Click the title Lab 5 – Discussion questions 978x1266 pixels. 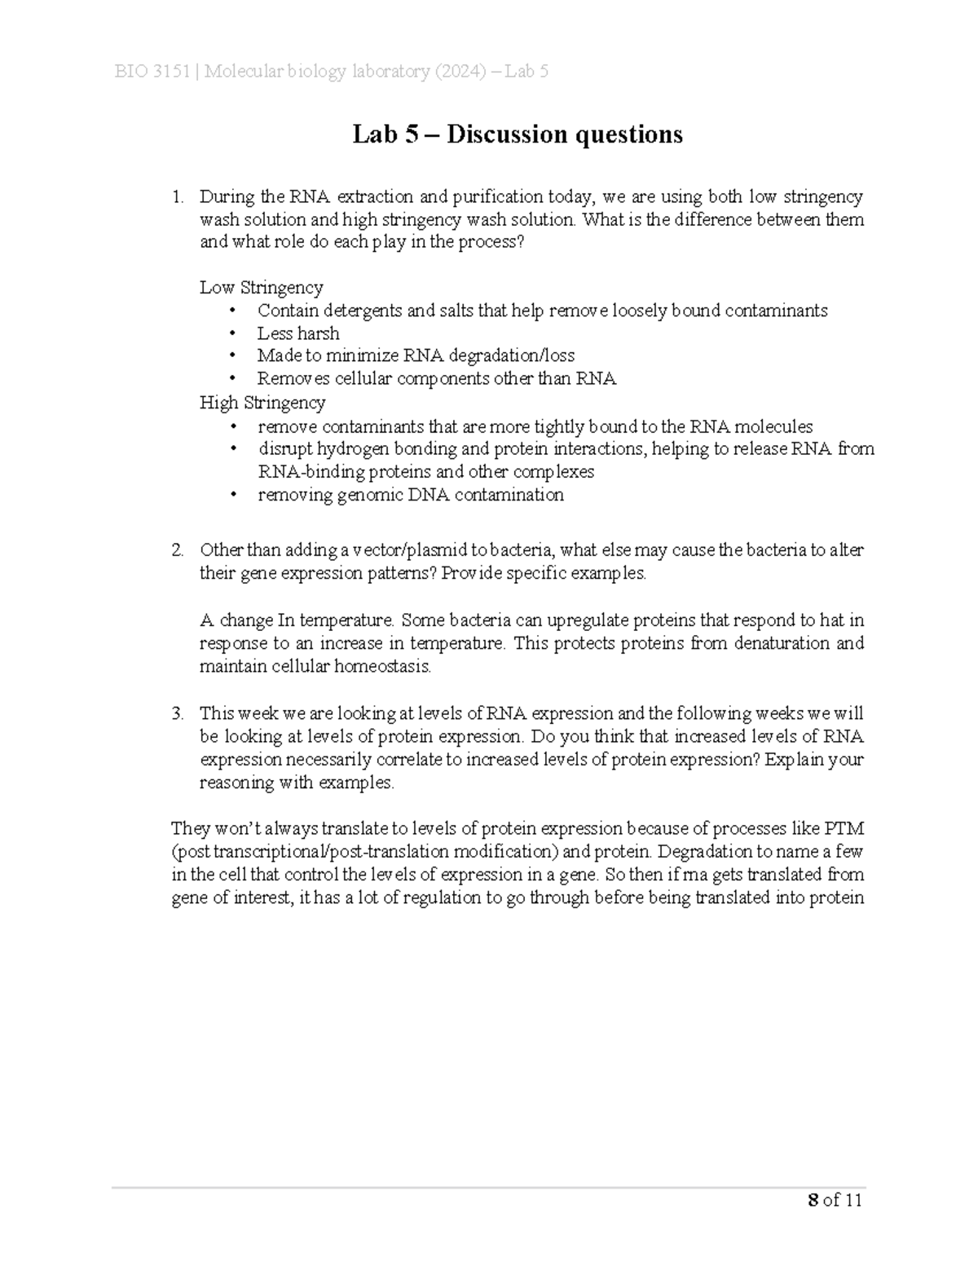[517, 134]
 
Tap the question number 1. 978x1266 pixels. [176, 196]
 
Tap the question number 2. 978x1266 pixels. [177, 550]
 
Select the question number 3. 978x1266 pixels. [177, 714]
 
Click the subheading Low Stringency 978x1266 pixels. [261, 288]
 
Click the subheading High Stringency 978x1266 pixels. [262, 403]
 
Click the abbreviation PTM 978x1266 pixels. [844, 829]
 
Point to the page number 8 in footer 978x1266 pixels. [812, 1200]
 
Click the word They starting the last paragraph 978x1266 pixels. [189, 829]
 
